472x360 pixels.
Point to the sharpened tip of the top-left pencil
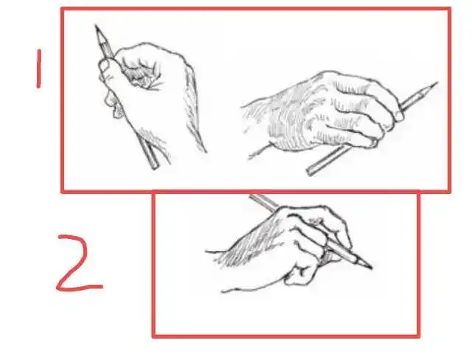(x=96, y=27)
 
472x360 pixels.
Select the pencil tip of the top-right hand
(x=436, y=83)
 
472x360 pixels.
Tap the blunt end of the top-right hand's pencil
(x=308, y=173)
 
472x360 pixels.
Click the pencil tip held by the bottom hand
(x=371, y=268)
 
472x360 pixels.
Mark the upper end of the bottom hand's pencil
(x=251, y=196)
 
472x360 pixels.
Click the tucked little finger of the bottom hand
(x=299, y=275)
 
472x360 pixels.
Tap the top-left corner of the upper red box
(x=62, y=10)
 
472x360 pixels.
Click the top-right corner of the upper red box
(x=449, y=10)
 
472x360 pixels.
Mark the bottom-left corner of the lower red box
(x=154, y=336)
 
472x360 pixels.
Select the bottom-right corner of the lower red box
(x=419, y=336)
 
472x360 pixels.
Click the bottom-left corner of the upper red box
(x=62, y=191)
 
